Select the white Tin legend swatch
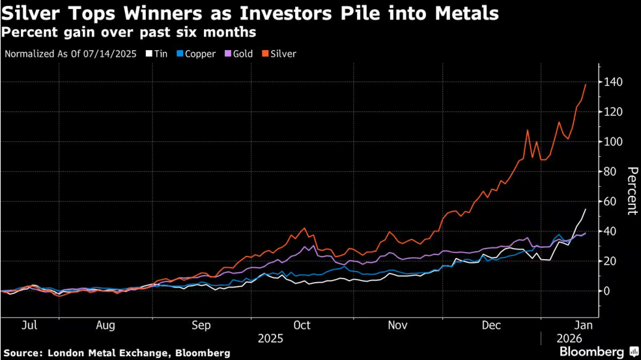click(x=149, y=54)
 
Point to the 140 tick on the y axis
click(x=612, y=82)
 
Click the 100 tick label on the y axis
click(x=612, y=142)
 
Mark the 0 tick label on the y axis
click(x=606, y=291)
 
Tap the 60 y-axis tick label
click(x=610, y=202)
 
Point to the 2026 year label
click(x=568, y=339)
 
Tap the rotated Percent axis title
click(x=631, y=191)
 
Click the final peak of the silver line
click(x=585, y=85)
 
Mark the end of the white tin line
click(x=586, y=210)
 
